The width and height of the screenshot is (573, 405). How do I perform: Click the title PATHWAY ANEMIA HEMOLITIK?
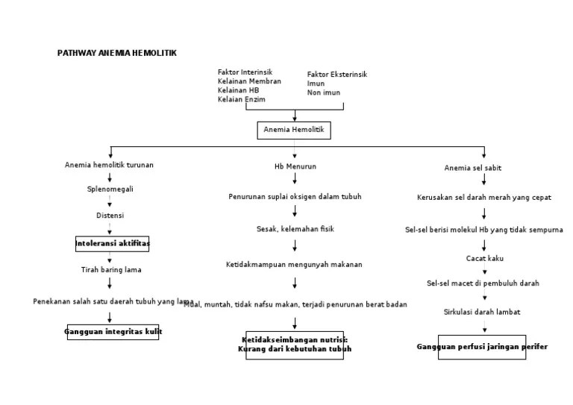tap(117, 53)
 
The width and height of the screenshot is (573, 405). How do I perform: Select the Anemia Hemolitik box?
tap(294, 131)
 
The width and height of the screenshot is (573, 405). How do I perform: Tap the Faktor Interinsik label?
tap(245, 72)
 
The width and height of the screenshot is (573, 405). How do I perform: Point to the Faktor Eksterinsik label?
tap(336, 75)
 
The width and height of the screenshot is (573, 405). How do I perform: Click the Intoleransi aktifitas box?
tap(112, 243)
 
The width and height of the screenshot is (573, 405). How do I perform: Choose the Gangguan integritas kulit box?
tap(113, 331)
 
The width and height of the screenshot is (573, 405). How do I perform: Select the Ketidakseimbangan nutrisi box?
tap(295, 345)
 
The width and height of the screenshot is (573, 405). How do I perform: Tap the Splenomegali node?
tap(110, 189)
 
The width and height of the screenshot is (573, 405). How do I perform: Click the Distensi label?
tap(110, 216)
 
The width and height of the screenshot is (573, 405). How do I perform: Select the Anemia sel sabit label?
tap(473, 168)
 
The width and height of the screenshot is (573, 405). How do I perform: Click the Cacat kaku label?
tap(484, 258)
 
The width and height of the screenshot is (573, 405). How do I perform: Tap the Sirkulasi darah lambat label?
tap(482, 312)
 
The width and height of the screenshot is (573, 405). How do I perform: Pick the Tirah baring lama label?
tap(110, 269)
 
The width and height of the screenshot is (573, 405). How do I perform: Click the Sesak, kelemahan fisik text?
tap(295, 229)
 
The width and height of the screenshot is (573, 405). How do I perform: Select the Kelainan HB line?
tap(238, 90)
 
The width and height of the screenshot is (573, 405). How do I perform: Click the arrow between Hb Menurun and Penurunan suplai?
tap(295, 180)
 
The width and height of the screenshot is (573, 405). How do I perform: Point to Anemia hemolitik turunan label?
tap(109, 165)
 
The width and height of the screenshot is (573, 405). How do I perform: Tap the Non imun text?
tap(323, 92)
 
